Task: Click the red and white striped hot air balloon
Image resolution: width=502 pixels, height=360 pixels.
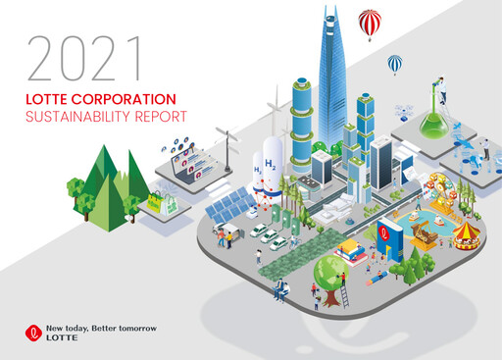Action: [x=370, y=22]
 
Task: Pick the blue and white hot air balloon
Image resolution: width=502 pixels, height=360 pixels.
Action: [x=394, y=64]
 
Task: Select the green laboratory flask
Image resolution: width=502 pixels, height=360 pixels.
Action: [x=430, y=125]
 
